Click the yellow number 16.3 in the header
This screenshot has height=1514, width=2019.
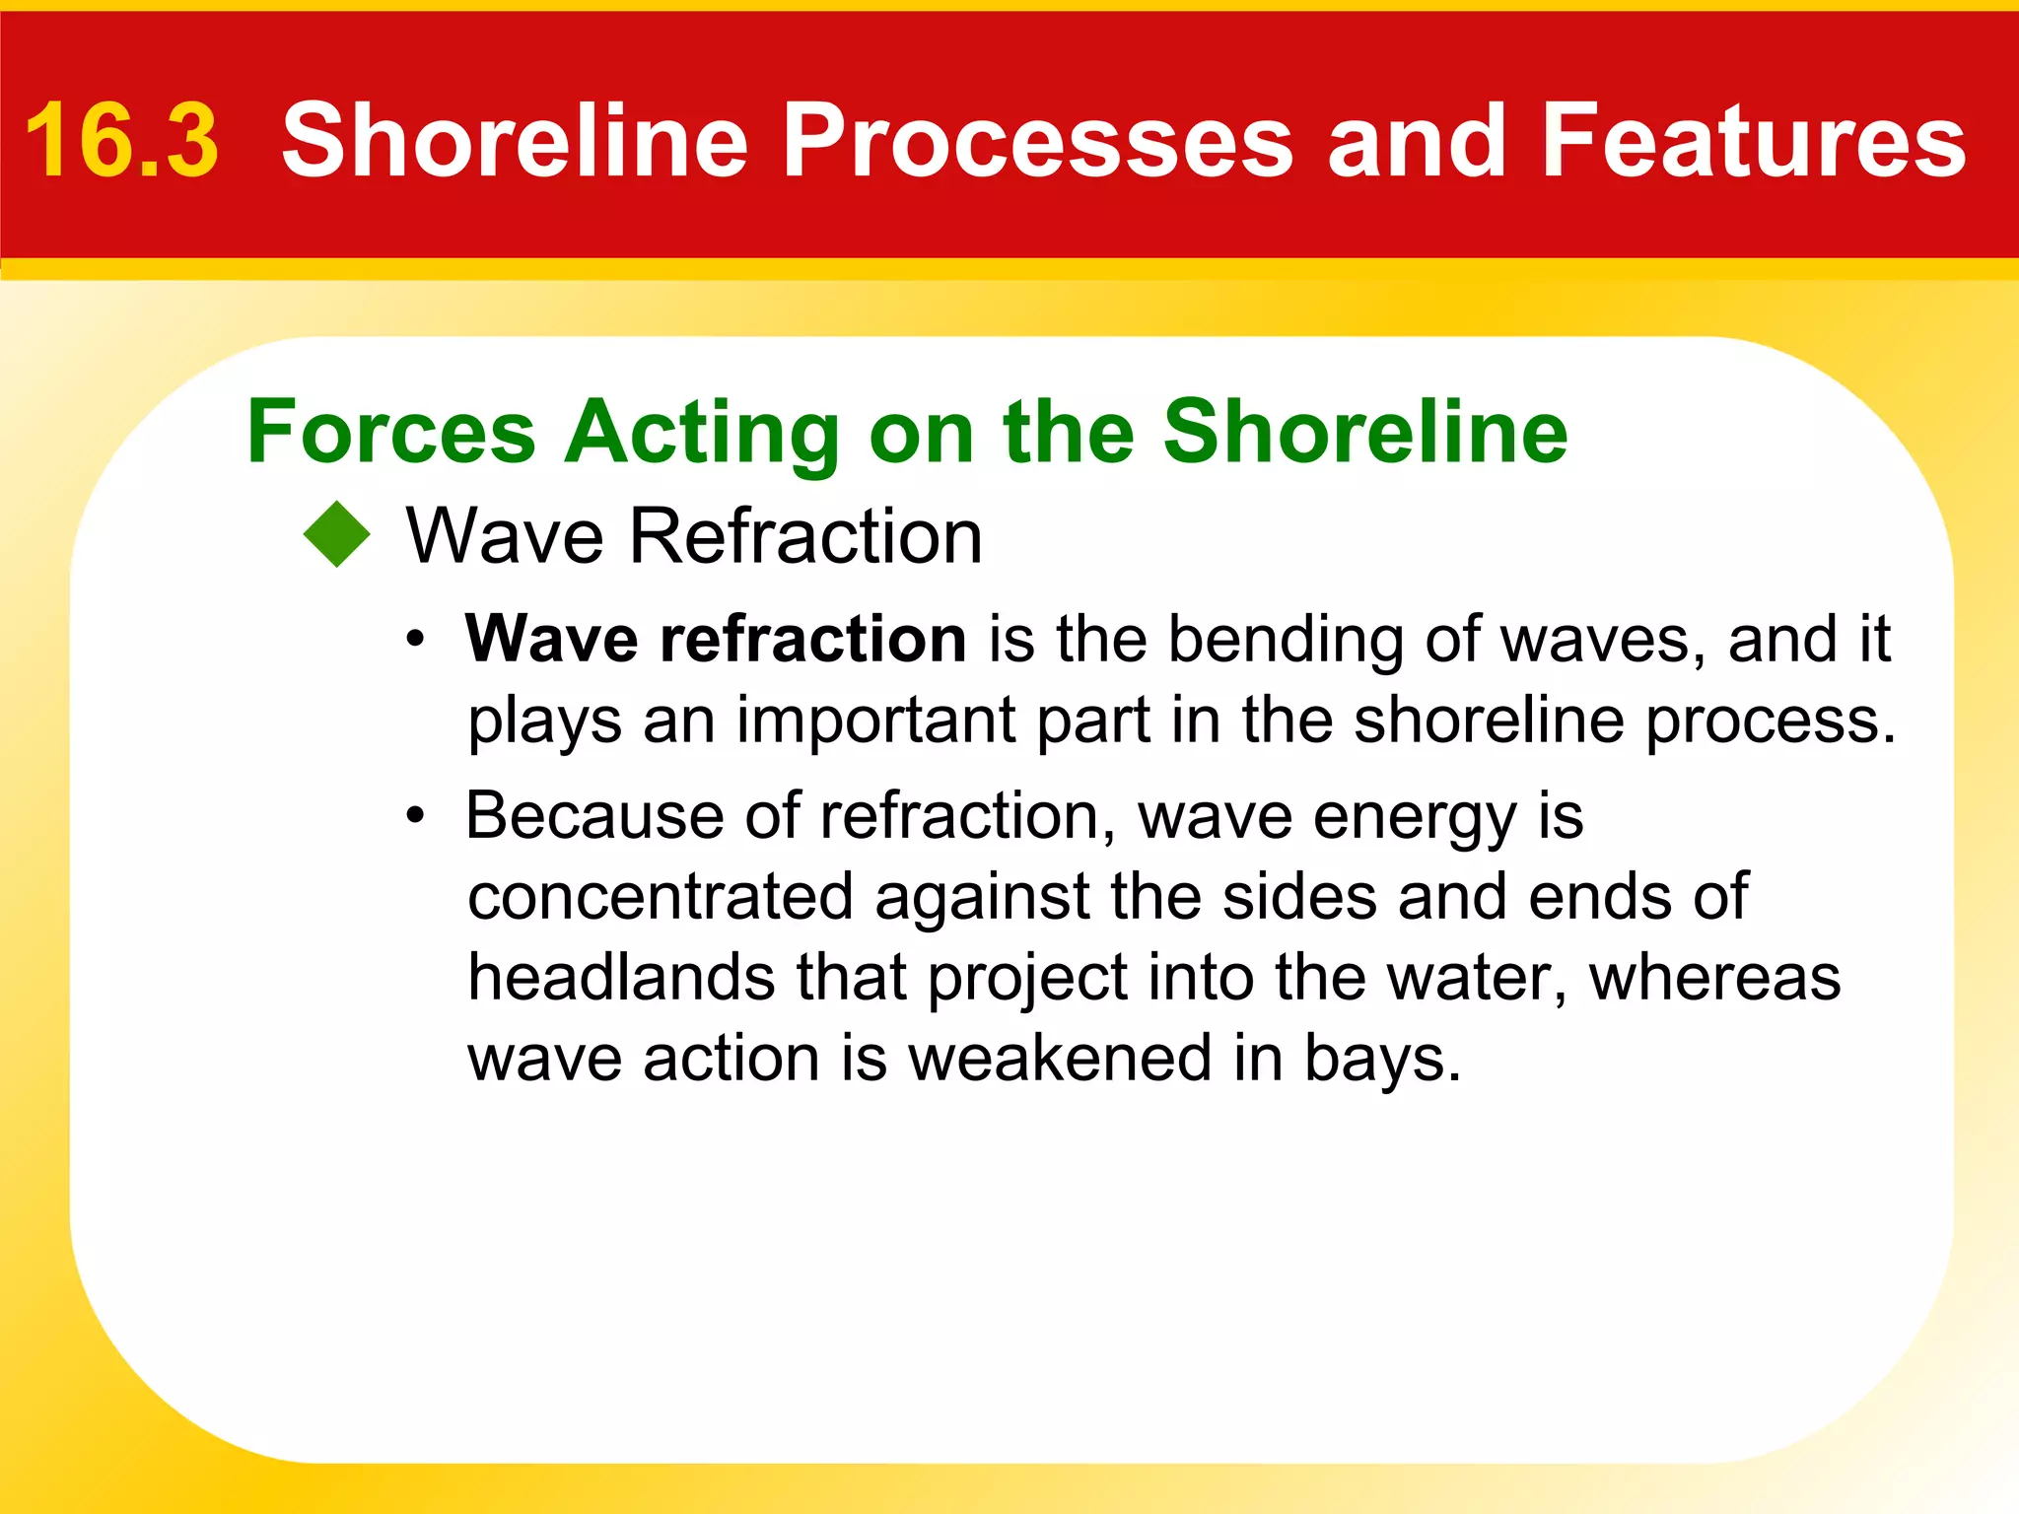click(121, 142)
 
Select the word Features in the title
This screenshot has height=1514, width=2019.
click(1753, 142)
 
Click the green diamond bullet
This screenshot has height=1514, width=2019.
click(337, 535)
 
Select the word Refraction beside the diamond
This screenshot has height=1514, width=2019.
click(805, 536)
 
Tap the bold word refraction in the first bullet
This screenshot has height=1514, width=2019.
click(812, 640)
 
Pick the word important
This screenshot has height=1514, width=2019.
click(875, 720)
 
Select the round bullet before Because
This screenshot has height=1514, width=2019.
click(417, 816)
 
